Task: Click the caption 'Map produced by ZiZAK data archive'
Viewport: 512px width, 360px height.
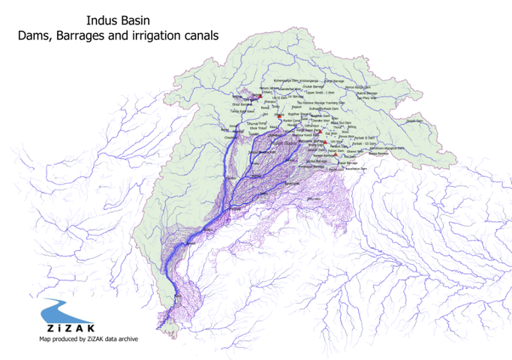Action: tap(89, 339)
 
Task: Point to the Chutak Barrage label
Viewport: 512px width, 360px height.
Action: tap(316, 86)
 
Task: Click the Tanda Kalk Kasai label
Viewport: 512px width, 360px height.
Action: tap(242, 111)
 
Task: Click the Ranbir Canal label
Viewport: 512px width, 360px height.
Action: tap(291, 120)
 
